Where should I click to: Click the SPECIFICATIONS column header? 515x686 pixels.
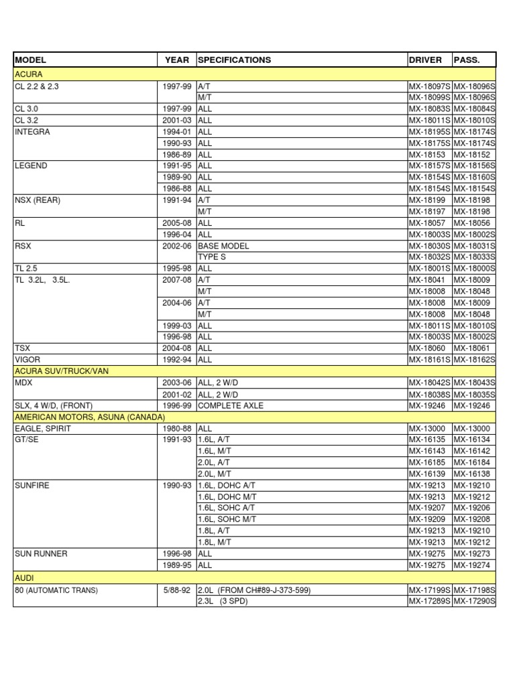coord(234,60)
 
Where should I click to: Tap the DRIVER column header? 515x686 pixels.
coord(425,60)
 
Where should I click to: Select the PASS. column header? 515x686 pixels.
coord(467,60)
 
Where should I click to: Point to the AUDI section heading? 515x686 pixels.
coord(24,577)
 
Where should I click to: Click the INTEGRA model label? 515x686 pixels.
coord(32,132)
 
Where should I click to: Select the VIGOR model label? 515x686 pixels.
coord(27,359)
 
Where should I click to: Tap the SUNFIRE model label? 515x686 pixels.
coord(32,485)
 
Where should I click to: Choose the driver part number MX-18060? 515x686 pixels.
coord(427,348)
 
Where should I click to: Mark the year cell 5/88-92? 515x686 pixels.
coord(176,590)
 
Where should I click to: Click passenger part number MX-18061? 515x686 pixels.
coord(472,348)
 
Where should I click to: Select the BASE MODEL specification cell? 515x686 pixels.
coord(223,246)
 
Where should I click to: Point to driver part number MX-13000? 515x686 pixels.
coord(427,428)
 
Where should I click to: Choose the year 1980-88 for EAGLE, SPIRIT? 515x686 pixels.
coord(177,428)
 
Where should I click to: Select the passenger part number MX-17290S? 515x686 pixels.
coord(474,601)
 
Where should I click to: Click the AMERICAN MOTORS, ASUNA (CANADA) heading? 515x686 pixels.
coord(89,417)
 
